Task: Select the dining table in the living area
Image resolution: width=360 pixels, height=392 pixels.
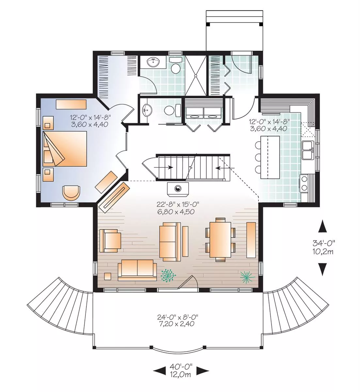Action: tap(220, 239)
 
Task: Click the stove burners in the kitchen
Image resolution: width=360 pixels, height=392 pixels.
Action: tap(304, 183)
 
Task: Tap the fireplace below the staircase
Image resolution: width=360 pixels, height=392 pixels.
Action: tap(178, 188)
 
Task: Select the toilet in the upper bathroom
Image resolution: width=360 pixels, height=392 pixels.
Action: tap(175, 65)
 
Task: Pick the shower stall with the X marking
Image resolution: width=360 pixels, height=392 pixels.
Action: tap(196, 75)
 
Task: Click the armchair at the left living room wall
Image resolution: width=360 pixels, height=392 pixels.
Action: tap(110, 240)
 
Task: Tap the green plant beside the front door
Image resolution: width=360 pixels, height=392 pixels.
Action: tap(168, 276)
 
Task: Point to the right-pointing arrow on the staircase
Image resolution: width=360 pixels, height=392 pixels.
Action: tap(164, 167)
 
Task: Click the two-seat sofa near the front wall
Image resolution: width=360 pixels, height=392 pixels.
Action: tap(137, 270)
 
